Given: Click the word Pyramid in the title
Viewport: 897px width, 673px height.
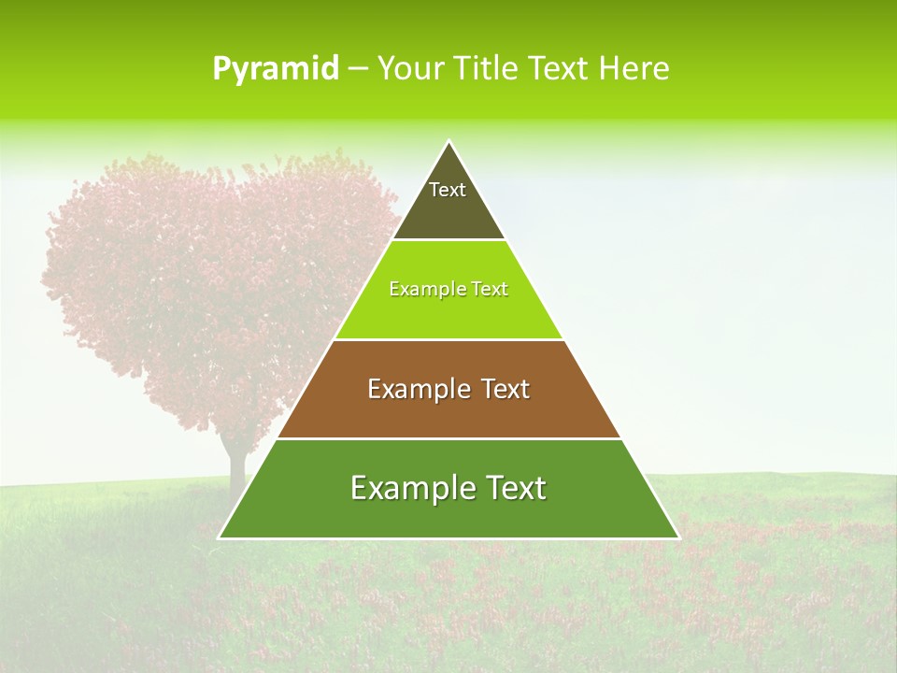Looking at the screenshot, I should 275,69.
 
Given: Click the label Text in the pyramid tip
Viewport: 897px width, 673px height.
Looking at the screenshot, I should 448,190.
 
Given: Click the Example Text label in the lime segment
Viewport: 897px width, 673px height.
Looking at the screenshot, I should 448,289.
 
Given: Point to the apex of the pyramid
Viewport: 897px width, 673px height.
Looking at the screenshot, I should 449,142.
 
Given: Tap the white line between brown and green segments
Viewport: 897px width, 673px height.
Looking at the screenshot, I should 448,438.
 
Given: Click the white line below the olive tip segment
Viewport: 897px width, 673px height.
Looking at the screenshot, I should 448,239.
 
